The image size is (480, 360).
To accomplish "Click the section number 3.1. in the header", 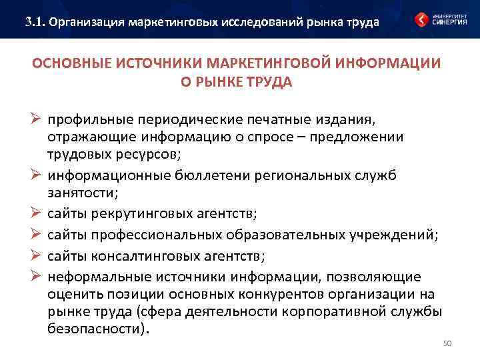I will tap(35, 21).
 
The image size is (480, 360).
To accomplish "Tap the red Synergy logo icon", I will tap(421, 19).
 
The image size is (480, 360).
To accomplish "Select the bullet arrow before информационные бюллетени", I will tap(37, 175).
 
